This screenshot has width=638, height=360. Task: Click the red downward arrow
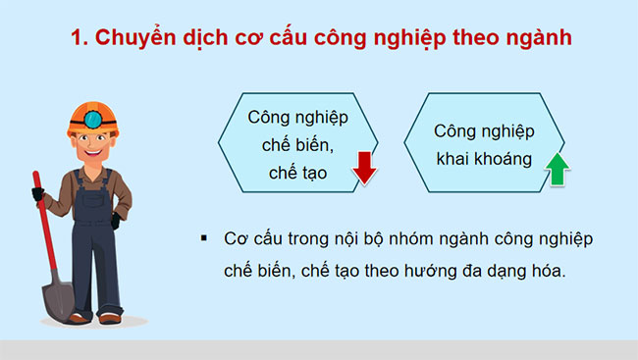(x=365, y=167)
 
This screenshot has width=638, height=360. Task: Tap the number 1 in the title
(x=79, y=39)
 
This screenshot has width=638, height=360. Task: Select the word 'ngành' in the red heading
(x=538, y=39)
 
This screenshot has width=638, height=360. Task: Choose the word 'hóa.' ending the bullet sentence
(x=546, y=271)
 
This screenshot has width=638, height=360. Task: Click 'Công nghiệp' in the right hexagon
(x=484, y=130)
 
